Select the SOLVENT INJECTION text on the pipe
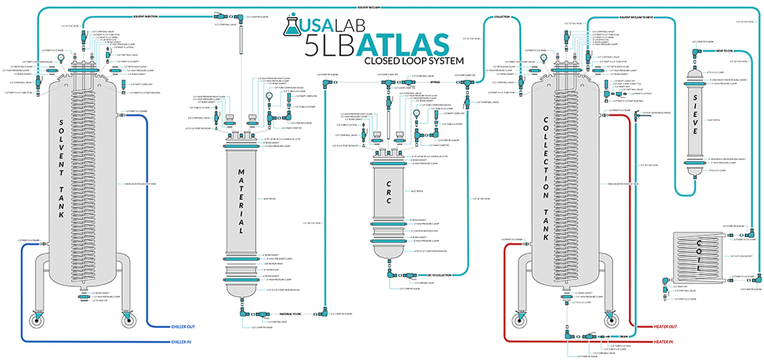pos(146,15)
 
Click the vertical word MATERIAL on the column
pos(242,199)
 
